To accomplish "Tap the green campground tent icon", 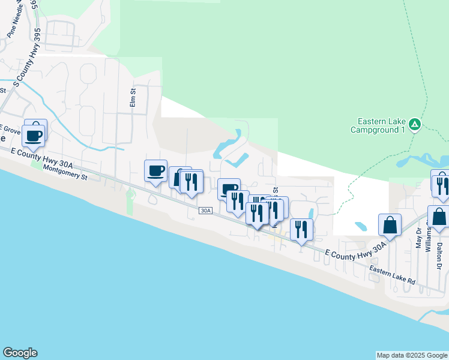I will pyautogui.click(x=415, y=125).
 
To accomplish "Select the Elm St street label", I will pyautogui.click(x=134, y=98).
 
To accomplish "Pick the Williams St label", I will pyautogui.click(x=429, y=237).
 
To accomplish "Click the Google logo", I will pyautogui.click(x=20, y=353).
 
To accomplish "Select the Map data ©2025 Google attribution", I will pyautogui.click(x=412, y=355).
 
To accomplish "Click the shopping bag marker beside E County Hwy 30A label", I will pyautogui.click(x=390, y=225).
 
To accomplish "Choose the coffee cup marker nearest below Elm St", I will pyautogui.click(x=156, y=171).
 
